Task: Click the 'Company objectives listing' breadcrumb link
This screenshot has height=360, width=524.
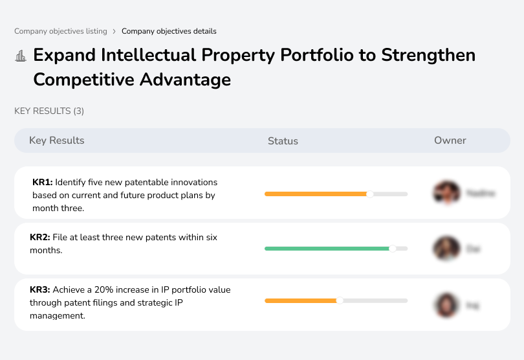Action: click(61, 31)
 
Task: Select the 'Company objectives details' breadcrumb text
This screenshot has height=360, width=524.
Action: click(169, 31)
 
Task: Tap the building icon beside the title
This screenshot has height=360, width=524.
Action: click(20, 56)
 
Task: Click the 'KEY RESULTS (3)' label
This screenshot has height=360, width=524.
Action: click(49, 111)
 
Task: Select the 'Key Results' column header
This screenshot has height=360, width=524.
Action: click(56, 141)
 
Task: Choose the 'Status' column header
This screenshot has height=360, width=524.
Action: click(283, 141)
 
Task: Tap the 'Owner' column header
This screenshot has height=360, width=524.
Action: click(450, 141)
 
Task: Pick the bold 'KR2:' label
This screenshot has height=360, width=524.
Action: click(40, 238)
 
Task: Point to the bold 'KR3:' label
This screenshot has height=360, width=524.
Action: click(40, 290)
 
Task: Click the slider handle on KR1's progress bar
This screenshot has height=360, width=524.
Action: click(370, 194)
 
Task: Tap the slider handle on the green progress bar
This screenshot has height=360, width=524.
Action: click(392, 248)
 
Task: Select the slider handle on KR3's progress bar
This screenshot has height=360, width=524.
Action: click(340, 300)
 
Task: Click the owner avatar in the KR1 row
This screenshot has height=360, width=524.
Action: click(446, 193)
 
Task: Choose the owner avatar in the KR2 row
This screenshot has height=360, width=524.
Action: click(446, 248)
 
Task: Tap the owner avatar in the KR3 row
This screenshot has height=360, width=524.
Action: click(446, 304)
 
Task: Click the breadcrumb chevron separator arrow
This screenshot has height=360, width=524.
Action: click(114, 31)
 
